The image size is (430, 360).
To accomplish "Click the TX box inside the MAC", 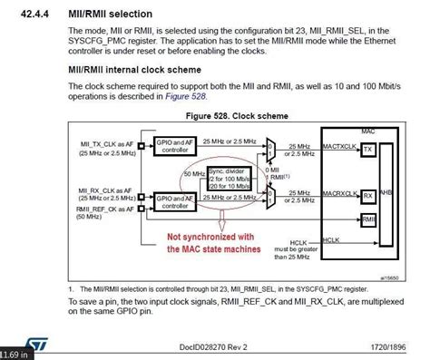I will pyautogui.click(x=367, y=149).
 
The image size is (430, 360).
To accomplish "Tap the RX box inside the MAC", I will pyautogui.click(x=367, y=195).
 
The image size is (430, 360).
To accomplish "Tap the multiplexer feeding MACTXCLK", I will pyautogui.click(x=272, y=146).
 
